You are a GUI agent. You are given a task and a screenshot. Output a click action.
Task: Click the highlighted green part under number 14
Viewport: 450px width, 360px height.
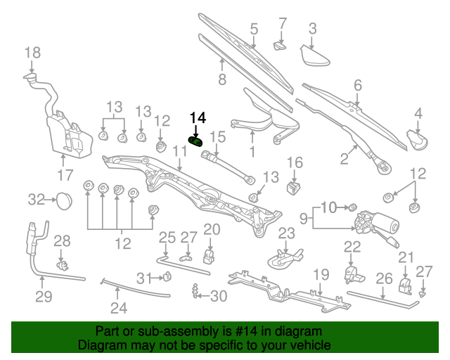coord(197,141)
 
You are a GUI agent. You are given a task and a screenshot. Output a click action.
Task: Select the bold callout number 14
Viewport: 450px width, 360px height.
coord(198,117)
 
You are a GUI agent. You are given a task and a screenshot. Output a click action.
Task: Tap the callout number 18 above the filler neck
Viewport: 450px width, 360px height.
coord(33,52)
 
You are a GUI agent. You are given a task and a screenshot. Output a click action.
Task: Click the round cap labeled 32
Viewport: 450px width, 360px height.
coord(63,200)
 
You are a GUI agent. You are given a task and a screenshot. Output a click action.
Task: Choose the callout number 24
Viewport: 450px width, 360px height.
coord(118,307)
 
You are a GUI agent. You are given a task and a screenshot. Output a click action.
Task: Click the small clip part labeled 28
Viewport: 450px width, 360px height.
coord(63,266)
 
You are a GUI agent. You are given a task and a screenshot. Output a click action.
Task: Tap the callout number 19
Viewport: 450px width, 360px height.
coord(321,274)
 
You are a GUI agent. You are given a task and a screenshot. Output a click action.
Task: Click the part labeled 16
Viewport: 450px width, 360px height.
coord(294,188)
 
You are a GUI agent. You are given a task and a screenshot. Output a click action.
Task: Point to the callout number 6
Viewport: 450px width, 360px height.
coord(357,85)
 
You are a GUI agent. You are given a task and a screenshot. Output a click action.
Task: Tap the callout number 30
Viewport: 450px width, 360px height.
coord(219,296)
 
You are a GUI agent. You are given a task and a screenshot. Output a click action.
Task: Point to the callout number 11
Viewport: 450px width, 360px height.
coord(179,150)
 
